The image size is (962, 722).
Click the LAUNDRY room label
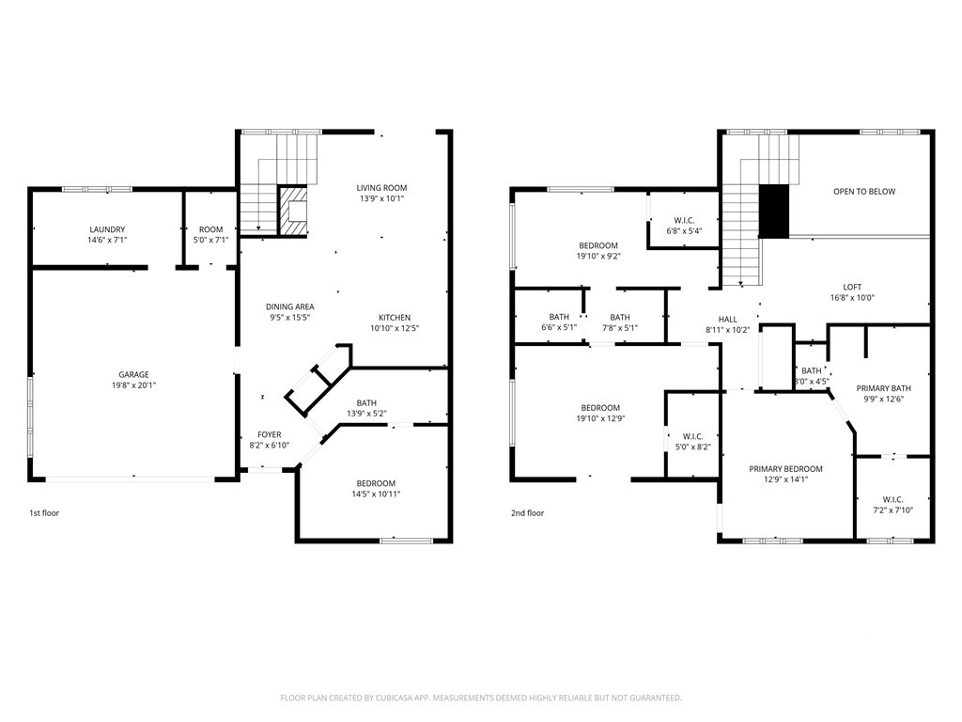pyautogui.click(x=107, y=229)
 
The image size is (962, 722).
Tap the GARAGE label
pyautogui.click(x=133, y=374)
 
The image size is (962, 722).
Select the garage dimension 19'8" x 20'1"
pyautogui.click(x=133, y=385)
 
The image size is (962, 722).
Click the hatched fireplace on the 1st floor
pyautogui.click(x=293, y=210)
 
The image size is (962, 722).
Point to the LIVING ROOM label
pyautogui.click(x=381, y=188)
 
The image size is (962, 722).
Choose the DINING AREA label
pyautogui.click(x=290, y=307)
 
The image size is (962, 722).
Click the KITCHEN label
pyautogui.click(x=395, y=318)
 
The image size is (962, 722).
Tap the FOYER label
pyautogui.click(x=270, y=434)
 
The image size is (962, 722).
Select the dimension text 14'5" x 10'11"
pyautogui.click(x=376, y=494)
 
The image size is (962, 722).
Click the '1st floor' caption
pyautogui.click(x=44, y=513)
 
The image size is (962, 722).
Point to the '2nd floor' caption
pyautogui.click(x=528, y=513)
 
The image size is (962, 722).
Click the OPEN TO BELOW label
pyautogui.click(x=864, y=192)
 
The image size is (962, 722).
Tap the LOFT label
pyautogui.click(x=852, y=287)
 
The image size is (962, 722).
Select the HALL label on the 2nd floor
pyautogui.click(x=728, y=320)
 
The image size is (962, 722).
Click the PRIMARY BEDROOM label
pyautogui.click(x=786, y=469)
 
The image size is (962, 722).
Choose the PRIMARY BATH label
pyautogui.click(x=883, y=388)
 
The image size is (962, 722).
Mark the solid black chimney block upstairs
pyautogui.click(x=774, y=212)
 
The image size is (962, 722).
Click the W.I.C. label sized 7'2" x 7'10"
pyautogui.click(x=892, y=500)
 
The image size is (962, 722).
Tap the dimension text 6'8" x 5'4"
pyautogui.click(x=684, y=231)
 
